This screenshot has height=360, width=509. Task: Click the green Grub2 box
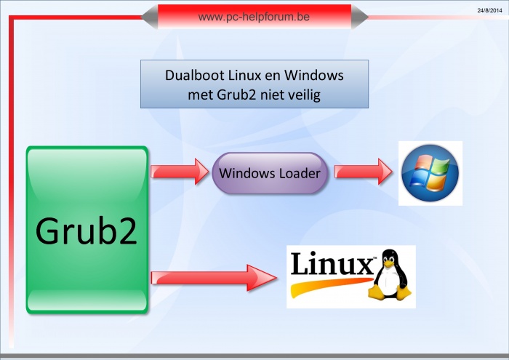(x=87, y=230)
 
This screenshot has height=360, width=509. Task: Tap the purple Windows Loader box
(x=270, y=173)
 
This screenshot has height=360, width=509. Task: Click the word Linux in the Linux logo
(x=331, y=263)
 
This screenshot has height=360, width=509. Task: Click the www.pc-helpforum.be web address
(x=254, y=15)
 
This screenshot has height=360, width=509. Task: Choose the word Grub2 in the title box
(x=235, y=94)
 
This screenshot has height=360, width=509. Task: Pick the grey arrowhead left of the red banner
(x=149, y=17)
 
